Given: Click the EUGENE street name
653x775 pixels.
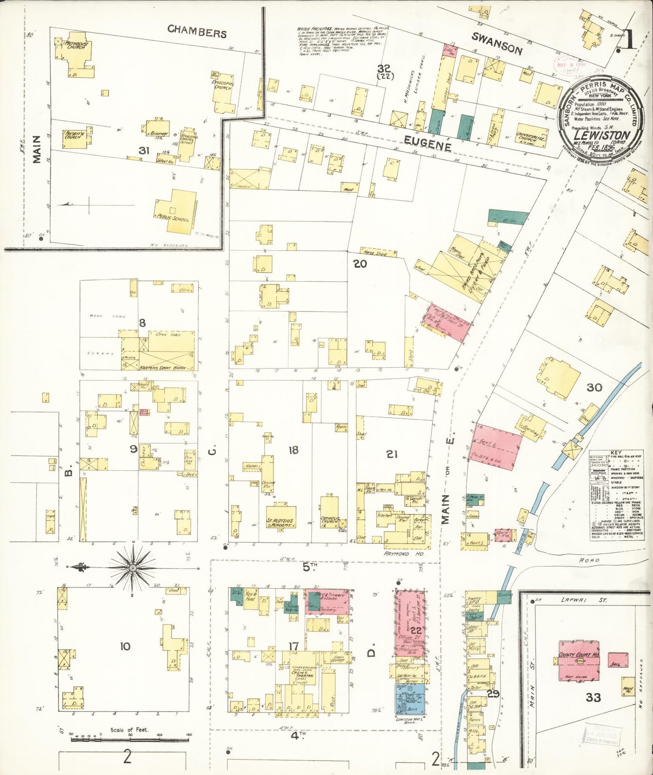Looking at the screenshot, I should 427,144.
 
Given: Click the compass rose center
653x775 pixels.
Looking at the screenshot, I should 133,567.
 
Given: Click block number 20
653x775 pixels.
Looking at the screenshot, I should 360,264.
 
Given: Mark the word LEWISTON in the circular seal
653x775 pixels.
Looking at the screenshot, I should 601,135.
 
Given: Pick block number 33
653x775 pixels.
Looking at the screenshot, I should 593,697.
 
